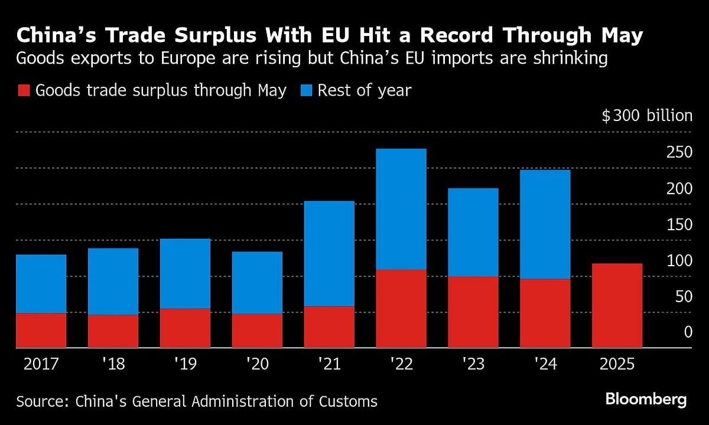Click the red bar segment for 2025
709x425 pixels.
617,305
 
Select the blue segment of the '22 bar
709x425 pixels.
401,209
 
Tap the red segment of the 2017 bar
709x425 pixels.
41,330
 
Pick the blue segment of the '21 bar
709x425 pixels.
329,254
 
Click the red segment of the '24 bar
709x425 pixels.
545,313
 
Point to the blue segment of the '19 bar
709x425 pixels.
185,273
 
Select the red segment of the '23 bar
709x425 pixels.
473,312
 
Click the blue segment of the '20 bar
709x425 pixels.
257,283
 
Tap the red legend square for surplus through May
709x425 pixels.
23,91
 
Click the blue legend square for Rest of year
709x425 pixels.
305,91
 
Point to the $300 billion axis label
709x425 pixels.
646,116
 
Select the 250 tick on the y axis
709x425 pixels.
679,152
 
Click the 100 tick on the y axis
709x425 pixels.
679,260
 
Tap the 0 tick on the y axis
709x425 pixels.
688,332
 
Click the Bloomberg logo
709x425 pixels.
646,400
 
